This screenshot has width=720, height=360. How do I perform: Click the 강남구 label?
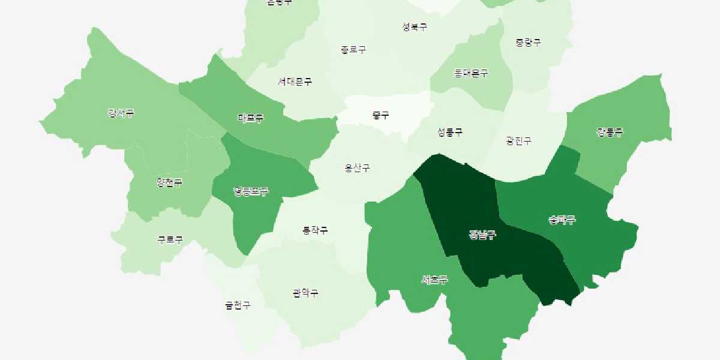click(482, 235)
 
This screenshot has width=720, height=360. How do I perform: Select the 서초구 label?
click(434, 280)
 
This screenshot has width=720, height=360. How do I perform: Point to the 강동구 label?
click(610, 132)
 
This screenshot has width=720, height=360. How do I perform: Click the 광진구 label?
click(518, 142)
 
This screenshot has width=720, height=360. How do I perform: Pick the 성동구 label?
click(450, 132)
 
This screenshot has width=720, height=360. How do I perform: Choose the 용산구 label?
click(357, 168)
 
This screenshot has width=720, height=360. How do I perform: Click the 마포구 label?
click(250, 118)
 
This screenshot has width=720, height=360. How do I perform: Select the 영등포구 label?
click(251, 192)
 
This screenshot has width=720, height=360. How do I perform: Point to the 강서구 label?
click(121, 113)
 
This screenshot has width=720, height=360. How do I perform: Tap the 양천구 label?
click(169, 182)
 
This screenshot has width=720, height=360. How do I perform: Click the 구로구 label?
click(170, 240)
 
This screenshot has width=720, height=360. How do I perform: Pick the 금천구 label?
click(238, 305)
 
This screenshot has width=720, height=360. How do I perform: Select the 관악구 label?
click(305, 293)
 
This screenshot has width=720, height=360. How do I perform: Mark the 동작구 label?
click(315, 230)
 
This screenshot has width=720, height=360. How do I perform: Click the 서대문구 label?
click(295, 82)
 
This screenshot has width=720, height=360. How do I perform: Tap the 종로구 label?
click(353, 50)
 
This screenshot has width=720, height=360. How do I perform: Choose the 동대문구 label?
click(471, 73)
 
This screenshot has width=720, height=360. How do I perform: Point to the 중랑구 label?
click(528, 43)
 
